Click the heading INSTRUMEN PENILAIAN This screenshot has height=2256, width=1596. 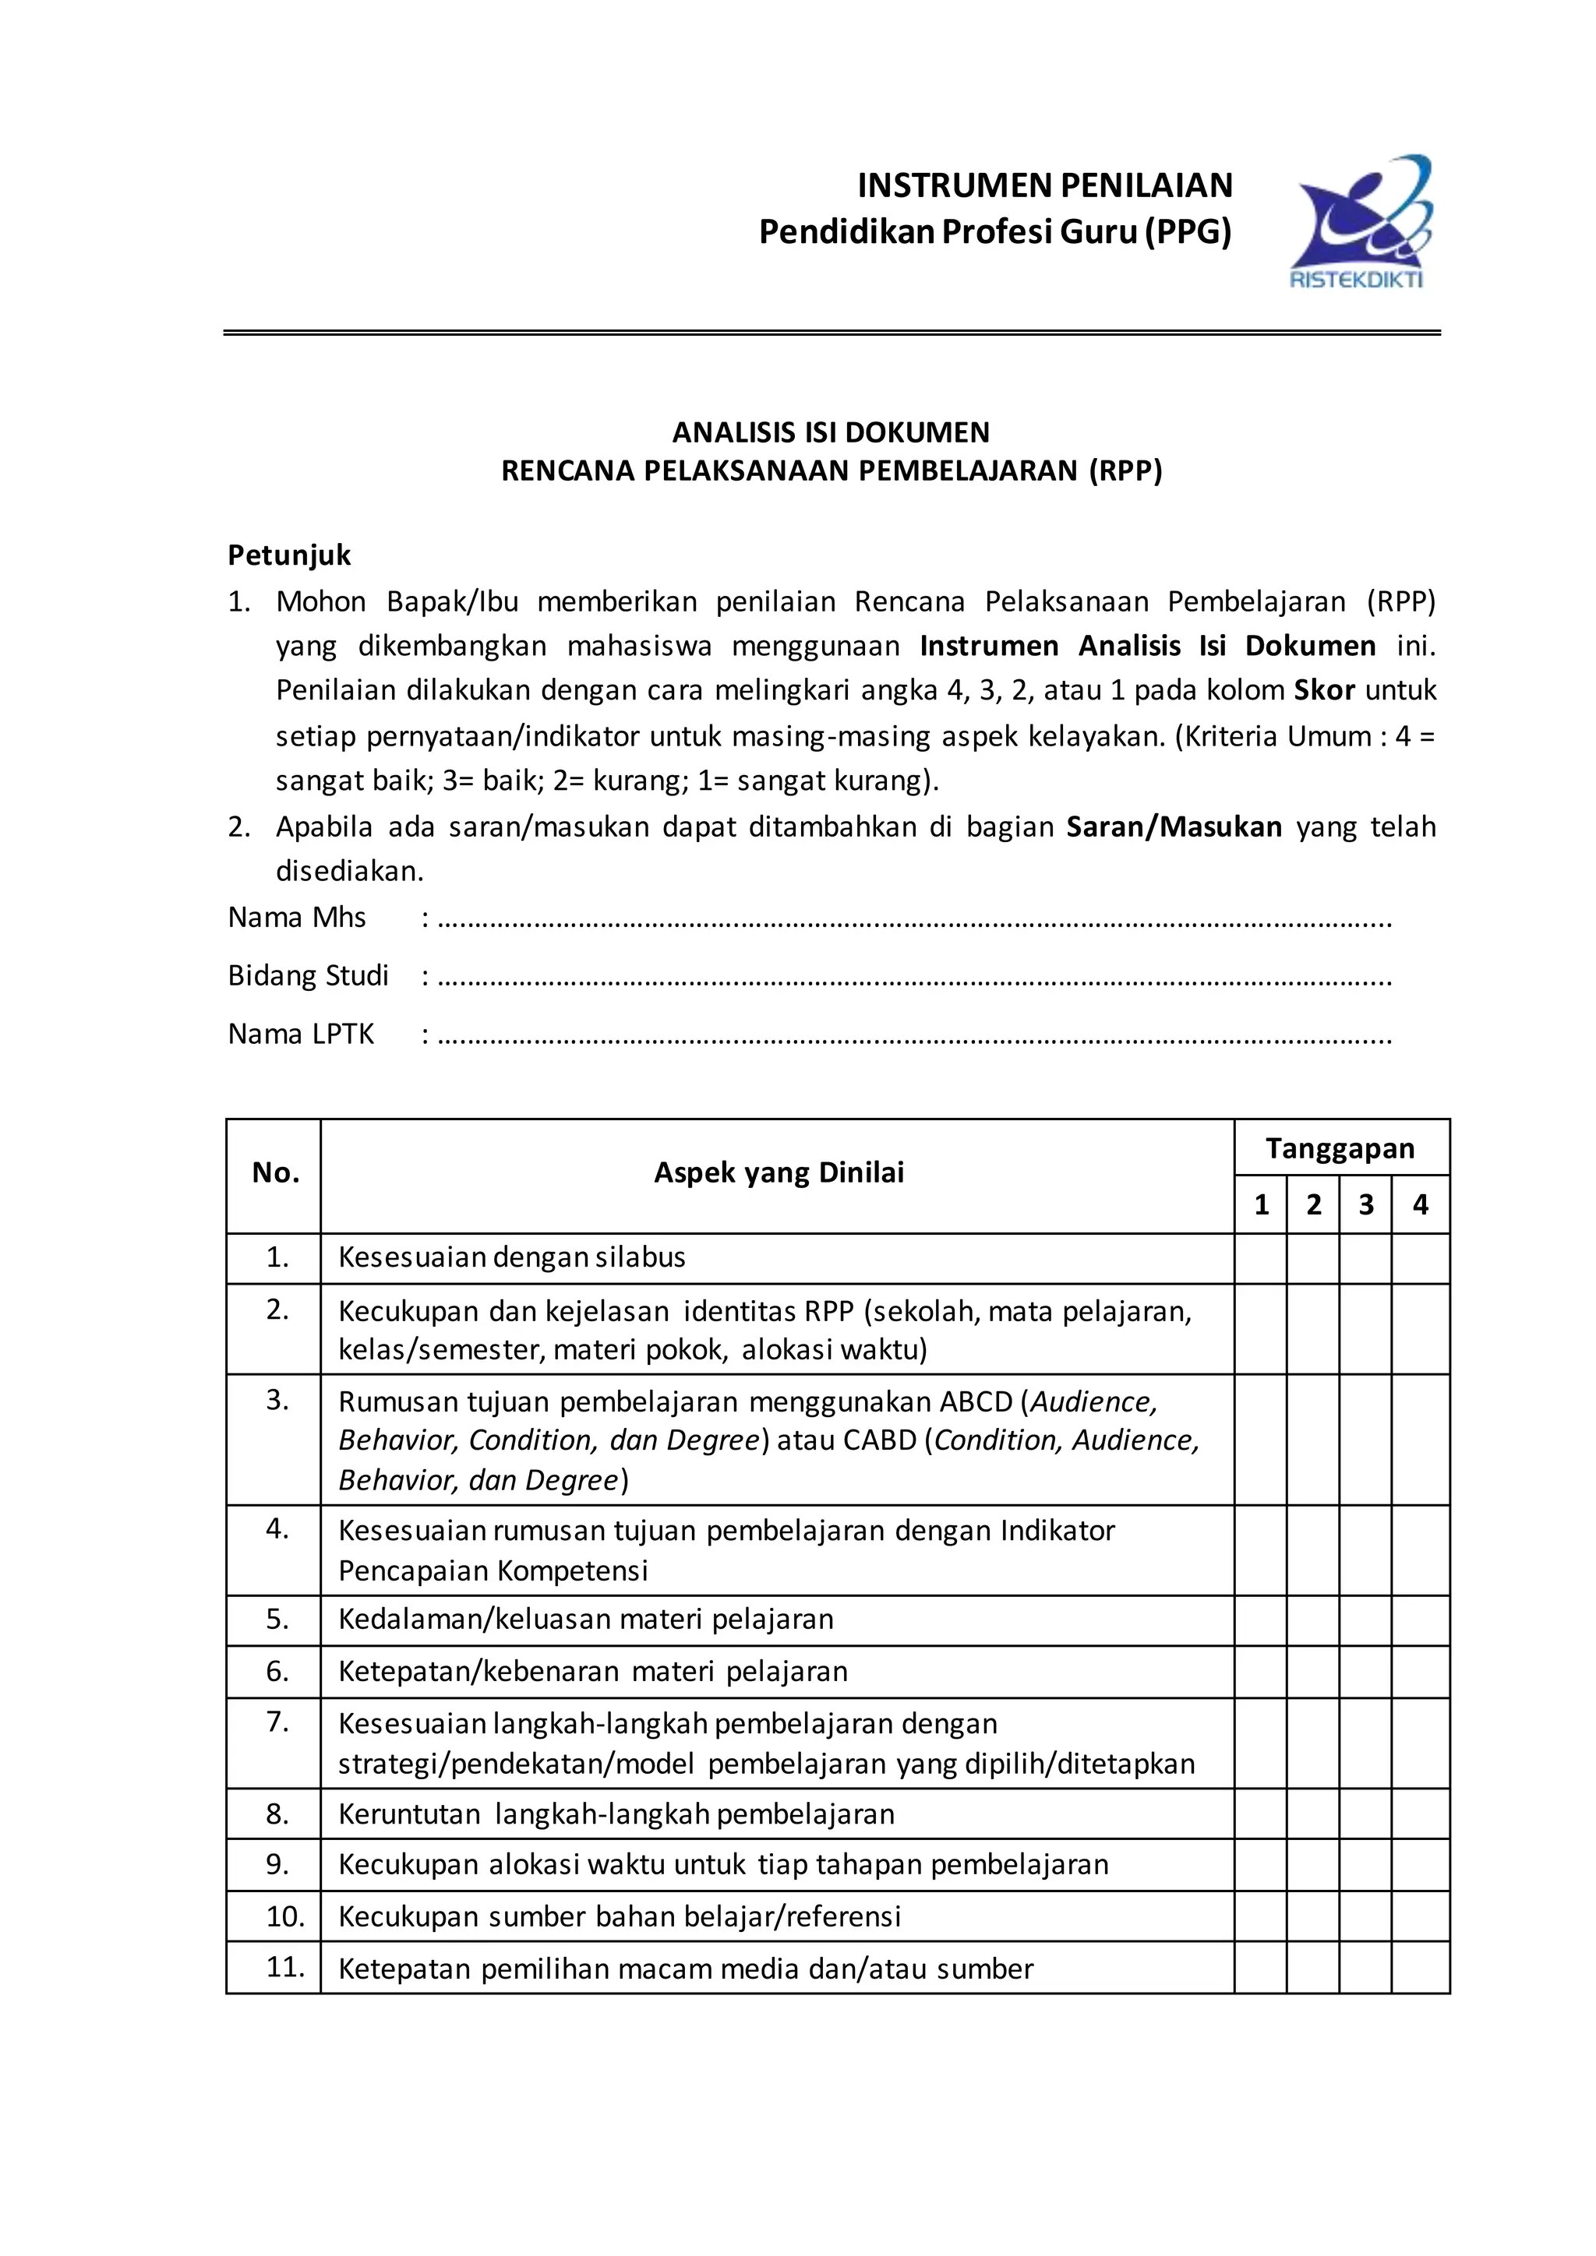point(1045,185)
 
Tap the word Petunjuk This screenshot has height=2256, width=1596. point(289,555)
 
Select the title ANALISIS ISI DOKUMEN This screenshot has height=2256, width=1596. point(831,432)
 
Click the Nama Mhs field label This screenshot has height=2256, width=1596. point(297,918)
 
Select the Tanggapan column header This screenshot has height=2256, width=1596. point(1340,1147)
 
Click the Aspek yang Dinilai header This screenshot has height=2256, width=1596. point(779,1172)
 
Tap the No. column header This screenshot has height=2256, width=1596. point(275,1172)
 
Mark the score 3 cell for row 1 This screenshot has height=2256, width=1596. point(1365,1259)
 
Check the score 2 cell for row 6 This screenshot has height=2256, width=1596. point(1313,1672)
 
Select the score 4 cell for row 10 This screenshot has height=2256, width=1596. point(1420,1916)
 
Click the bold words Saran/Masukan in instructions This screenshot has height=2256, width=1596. point(1174,827)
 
